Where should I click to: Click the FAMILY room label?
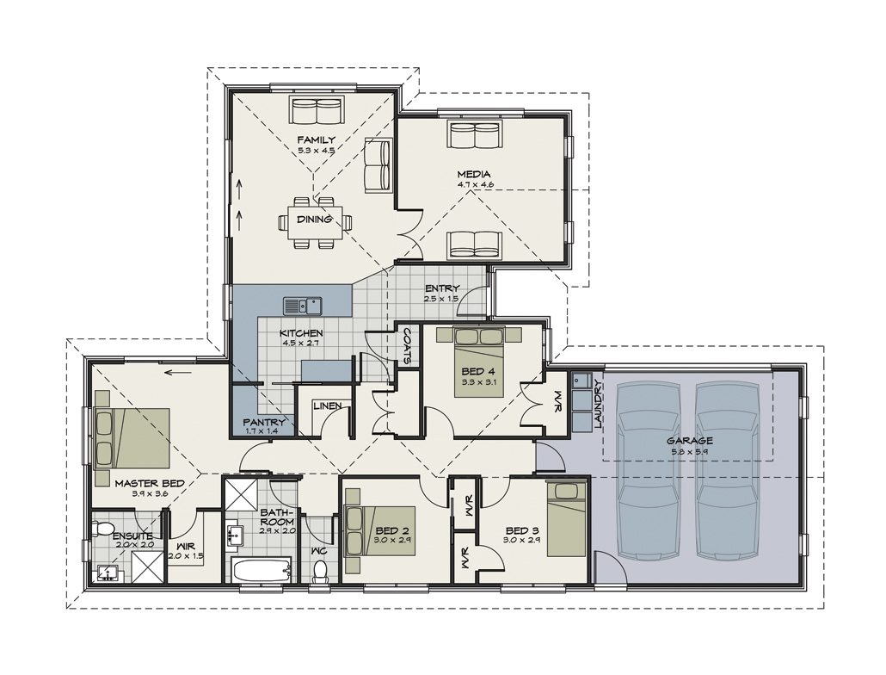click(x=316, y=139)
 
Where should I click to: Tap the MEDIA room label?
click(x=474, y=174)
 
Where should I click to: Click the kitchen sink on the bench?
click(x=302, y=304)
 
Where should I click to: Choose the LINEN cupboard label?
click(x=327, y=406)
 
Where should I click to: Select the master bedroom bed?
click(x=132, y=438)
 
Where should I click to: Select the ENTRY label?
click(x=441, y=288)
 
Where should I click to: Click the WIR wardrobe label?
click(x=186, y=546)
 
